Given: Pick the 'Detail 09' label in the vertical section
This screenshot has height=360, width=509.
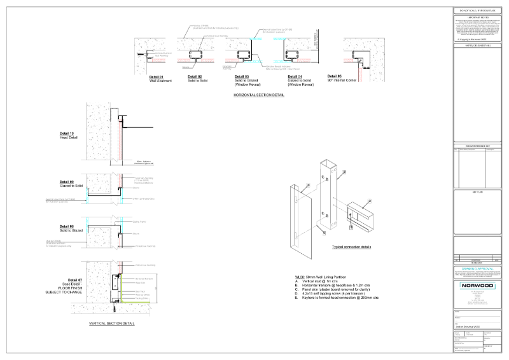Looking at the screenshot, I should [x=67, y=182].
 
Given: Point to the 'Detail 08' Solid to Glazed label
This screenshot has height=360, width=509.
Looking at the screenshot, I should [x=67, y=226].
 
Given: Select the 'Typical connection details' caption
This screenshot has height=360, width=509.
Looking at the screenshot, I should [x=352, y=247].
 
